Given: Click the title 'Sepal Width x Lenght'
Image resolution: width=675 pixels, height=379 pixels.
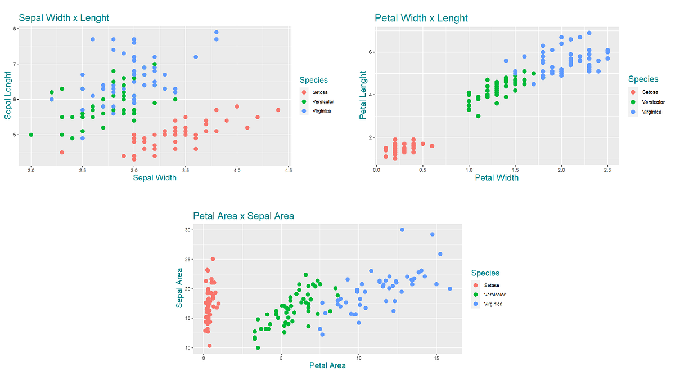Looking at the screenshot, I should pos(64,18).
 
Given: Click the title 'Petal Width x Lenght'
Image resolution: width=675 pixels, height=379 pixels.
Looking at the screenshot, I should pos(421,18).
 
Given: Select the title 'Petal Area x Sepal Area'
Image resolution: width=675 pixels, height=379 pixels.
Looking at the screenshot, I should pos(243,216).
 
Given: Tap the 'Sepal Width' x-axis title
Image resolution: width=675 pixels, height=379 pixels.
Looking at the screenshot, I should pos(155,178).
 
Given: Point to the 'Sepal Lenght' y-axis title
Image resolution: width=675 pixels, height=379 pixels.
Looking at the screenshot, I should pos(8,95).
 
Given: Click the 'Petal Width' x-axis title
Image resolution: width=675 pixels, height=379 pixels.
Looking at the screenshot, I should pos(497,178).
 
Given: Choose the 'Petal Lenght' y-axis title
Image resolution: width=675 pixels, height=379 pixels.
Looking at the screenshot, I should pos(363,95).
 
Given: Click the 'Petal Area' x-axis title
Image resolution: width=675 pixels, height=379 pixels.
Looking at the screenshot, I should pos(327,365).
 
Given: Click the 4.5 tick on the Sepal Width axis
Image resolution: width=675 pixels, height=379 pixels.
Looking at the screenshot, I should pos(289,170).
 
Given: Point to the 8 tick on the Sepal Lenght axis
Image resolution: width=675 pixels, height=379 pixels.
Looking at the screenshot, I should pos(15,28).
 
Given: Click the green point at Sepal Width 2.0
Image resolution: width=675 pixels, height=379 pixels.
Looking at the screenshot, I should pos(31,135).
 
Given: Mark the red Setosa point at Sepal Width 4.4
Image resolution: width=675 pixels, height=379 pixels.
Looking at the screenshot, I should pos(278,110).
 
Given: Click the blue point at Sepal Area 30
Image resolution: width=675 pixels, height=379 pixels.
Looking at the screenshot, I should pos(402,230).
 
